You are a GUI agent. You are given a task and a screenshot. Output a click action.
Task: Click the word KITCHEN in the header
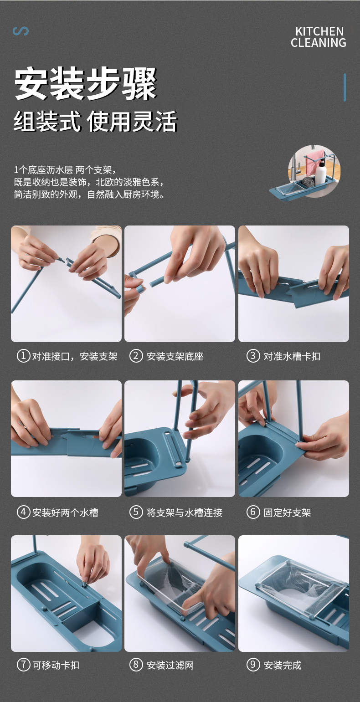coord(319,31)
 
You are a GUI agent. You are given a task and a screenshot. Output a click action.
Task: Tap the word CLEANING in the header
coord(318,43)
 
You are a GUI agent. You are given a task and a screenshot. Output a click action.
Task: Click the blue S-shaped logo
coord(21,31)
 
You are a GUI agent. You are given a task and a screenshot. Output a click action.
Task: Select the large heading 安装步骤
coord(85,84)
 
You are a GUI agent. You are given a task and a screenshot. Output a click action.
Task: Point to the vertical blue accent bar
coord(345,87)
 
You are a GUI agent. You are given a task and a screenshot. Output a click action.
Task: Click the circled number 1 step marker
coord(23,356)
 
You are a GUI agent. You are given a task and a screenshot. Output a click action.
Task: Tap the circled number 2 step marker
coord(136,356)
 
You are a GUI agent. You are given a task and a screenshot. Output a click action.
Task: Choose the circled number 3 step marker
coord(253,356)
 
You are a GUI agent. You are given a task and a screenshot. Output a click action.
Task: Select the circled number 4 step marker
coord(23,512)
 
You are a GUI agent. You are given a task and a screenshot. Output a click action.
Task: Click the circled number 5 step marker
coord(136,512)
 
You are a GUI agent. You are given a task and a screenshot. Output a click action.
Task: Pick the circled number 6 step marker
coord(253,512)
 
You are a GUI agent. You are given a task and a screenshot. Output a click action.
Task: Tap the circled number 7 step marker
coord(23,665)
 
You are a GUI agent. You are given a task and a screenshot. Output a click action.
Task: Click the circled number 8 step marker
coord(136,665)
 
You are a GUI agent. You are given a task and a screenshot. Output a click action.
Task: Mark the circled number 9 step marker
coord(253,665)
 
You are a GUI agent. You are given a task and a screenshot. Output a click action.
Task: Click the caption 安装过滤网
coord(170,665)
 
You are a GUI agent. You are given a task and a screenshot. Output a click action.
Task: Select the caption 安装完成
coord(283,665)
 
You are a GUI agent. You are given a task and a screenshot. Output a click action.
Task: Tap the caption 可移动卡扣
coord(56,665)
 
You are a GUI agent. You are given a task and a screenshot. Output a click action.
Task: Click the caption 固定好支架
coord(287,512)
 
